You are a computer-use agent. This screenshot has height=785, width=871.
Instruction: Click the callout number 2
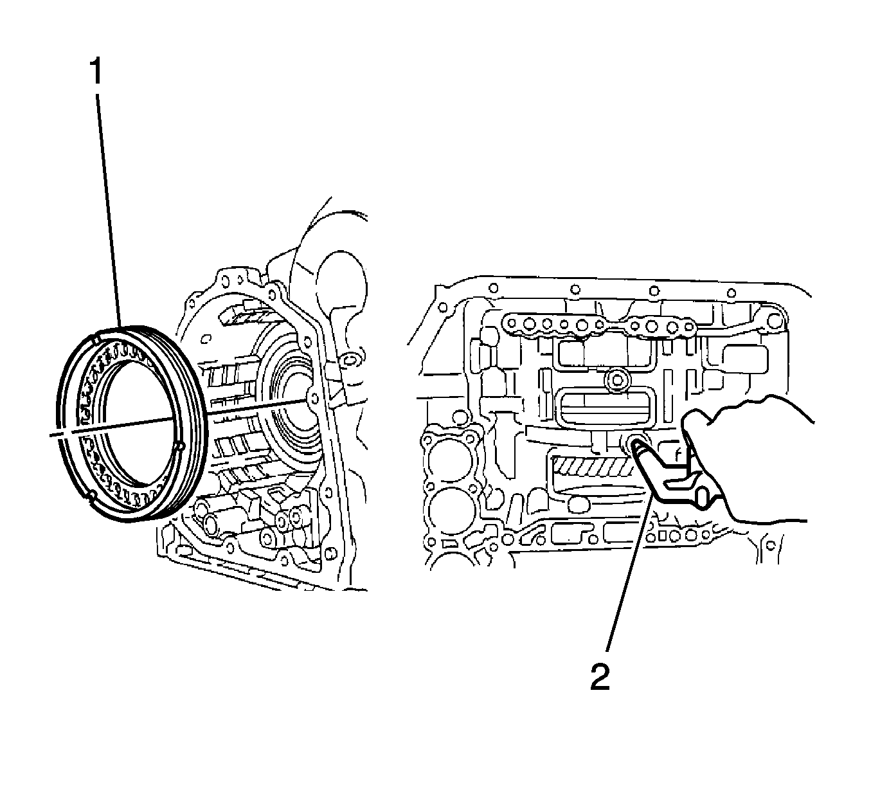pyautogui.click(x=600, y=676)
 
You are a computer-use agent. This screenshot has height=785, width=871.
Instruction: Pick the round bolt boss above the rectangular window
pyautogui.click(x=618, y=380)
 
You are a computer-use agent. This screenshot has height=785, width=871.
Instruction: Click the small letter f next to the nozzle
pyautogui.click(x=677, y=454)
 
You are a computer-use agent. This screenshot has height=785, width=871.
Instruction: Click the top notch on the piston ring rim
pyautogui.click(x=96, y=336)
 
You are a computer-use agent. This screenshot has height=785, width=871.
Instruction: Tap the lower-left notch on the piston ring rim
pyautogui.click(x=91, y=495)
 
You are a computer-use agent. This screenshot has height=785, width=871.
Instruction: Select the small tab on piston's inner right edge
pyautogui.click(x=180, y=446)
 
